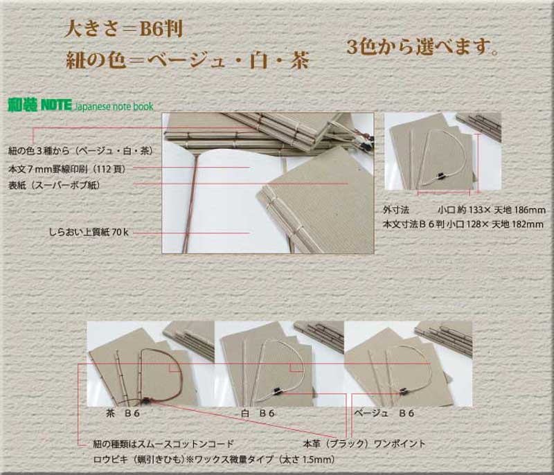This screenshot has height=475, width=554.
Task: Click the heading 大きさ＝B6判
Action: tap(124, 29)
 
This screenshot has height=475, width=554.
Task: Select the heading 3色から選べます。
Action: tap(422, 46)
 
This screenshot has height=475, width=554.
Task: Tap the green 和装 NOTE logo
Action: tap(39, 105)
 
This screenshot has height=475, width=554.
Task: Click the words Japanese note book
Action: tap(114, 107)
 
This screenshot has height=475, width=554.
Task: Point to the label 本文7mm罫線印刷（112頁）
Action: tap(67, 169)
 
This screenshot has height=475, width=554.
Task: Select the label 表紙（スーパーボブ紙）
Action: tap(55, 185)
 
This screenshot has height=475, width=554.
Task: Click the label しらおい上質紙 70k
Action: tap(89, 233)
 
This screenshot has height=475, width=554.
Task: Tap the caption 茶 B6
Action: tap(123, 413)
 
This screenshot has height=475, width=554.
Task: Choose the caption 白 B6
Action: tap(258, 413)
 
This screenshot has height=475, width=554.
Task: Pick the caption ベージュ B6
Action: tap(384, 413)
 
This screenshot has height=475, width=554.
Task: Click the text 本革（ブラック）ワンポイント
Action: tap(364, 444)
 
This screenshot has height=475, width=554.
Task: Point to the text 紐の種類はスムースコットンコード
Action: tap(163, 444)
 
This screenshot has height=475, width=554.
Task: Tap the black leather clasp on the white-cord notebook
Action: tap(277, 391)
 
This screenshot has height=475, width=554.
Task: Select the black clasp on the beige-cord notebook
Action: tap(403, 391)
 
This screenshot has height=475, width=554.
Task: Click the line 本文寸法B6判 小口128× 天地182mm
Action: tap(463, 224)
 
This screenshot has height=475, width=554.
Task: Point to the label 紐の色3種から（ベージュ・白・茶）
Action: tap(81, 151)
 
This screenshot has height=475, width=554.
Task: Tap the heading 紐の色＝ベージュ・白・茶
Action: tap(188, 60)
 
